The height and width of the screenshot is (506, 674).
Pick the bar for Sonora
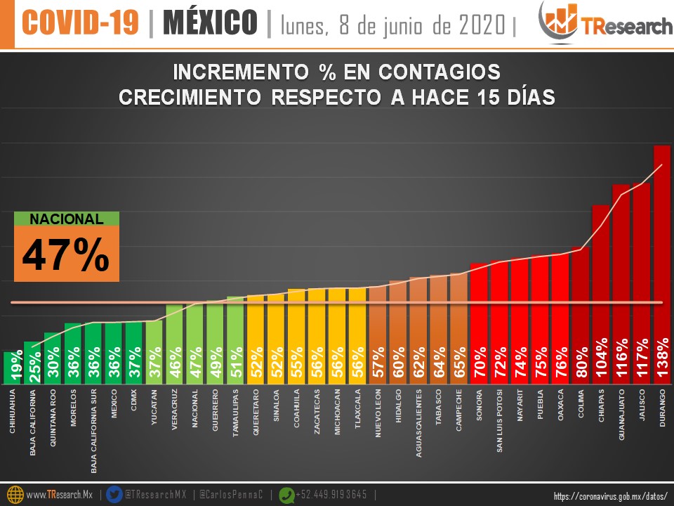tap(479, 323)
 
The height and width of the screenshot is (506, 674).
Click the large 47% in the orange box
tap(66, 254)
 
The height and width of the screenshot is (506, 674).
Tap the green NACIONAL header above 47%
tap(66, 219)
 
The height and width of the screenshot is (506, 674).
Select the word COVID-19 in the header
tap(79, 23)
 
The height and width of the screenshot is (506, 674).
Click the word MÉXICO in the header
tap(210, 23)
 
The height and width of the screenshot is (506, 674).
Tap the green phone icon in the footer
tap(286, 495)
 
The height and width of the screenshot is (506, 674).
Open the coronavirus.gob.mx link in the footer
tap(609, 496)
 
